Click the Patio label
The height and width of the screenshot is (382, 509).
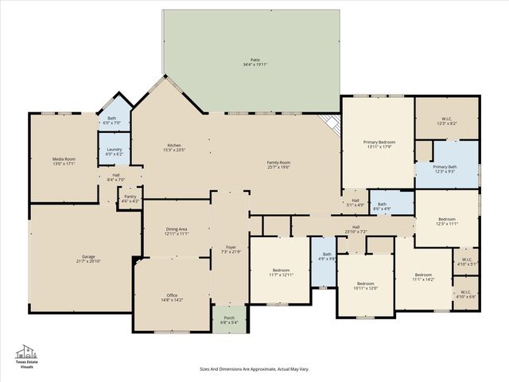point(254,60)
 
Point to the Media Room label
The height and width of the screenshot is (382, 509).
point(63,159)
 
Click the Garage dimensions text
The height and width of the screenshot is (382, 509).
point(87,261)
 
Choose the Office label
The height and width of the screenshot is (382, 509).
point(173,295)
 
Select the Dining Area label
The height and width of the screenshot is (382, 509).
point(177,229)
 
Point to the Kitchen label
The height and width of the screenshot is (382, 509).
point(173,146)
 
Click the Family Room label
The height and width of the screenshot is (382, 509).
point(278,162)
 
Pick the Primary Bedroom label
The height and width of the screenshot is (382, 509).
point(379,142)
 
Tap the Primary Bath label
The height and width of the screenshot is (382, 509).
point(445,167)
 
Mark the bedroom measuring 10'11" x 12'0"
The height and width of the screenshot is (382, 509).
point(365,284)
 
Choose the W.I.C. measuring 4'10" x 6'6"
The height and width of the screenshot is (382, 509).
point(465,293)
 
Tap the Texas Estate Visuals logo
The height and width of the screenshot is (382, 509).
point(28,357)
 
